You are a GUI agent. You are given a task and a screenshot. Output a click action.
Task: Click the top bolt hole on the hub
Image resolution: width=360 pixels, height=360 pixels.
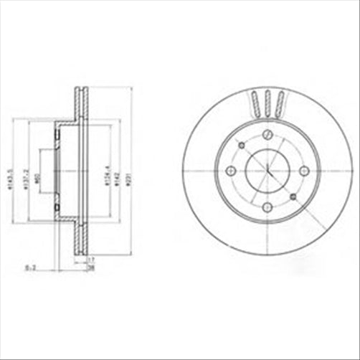coord(267,134)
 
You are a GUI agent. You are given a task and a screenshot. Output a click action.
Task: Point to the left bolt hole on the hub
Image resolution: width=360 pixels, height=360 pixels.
coord(231,171)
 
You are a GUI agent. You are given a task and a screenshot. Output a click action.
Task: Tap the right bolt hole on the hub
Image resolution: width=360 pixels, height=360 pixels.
coord(303,171)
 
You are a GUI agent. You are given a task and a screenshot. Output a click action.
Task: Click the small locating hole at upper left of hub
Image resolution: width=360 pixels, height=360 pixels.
coord(242,146)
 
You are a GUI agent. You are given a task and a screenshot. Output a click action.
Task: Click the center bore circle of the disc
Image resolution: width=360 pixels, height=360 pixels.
coord(267,171)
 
